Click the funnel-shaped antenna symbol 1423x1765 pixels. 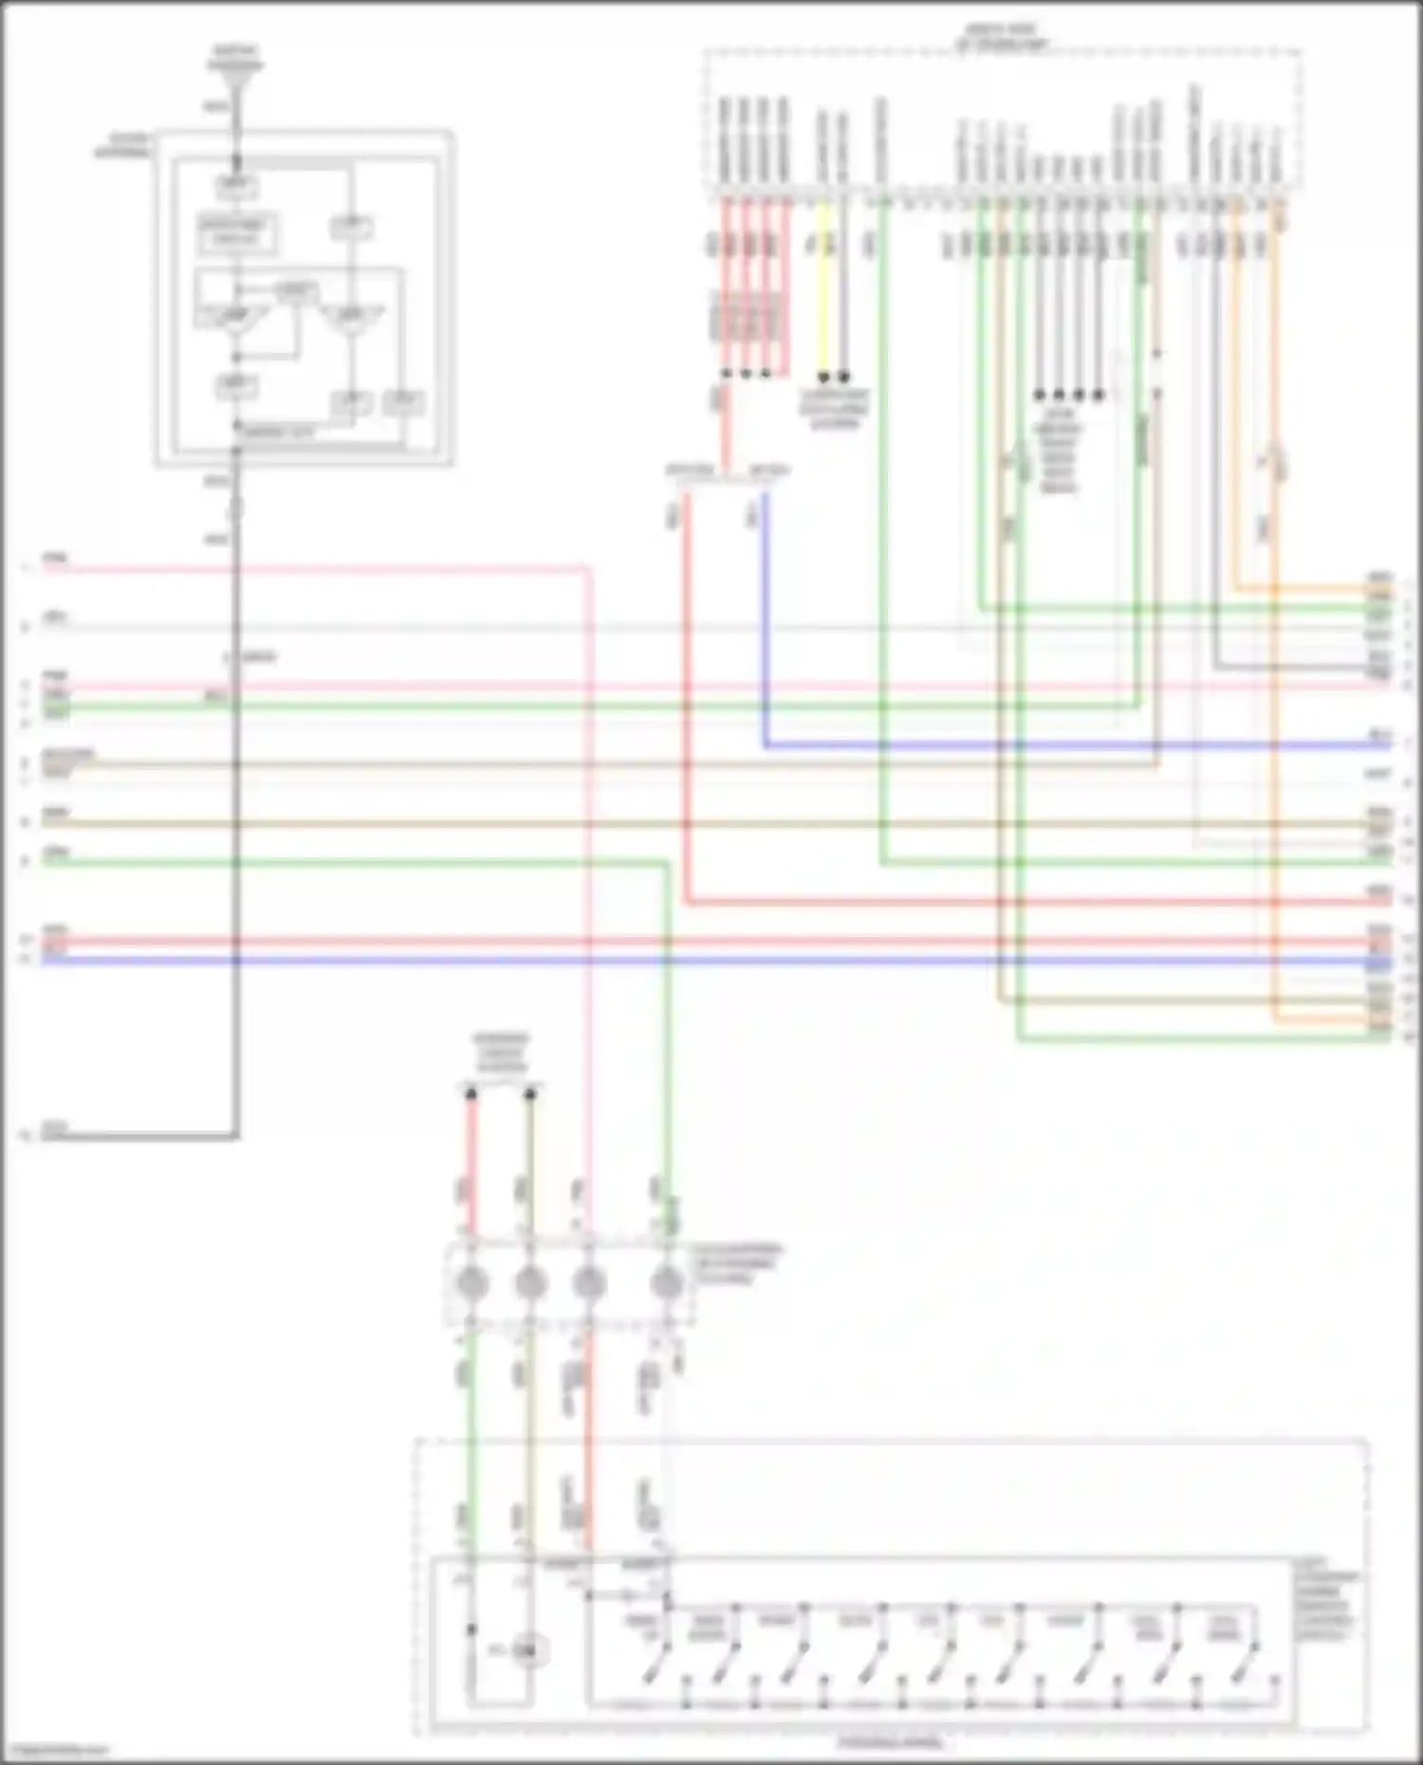235,72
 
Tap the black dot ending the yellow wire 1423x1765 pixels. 823,377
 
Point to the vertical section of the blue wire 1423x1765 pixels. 765,616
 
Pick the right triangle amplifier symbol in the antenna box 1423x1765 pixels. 352,318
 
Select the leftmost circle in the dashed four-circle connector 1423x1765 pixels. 472,1284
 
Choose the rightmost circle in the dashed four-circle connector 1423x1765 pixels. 667,1284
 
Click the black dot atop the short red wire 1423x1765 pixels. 471,1094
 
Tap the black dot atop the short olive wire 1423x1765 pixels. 530,1094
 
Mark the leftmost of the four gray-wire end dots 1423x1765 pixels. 1040,394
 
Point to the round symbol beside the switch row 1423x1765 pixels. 525,1652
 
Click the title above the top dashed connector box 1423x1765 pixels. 1002,39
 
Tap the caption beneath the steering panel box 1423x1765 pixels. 890,1743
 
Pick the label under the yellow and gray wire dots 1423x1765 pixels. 835,410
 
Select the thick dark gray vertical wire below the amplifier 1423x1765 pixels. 235,806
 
